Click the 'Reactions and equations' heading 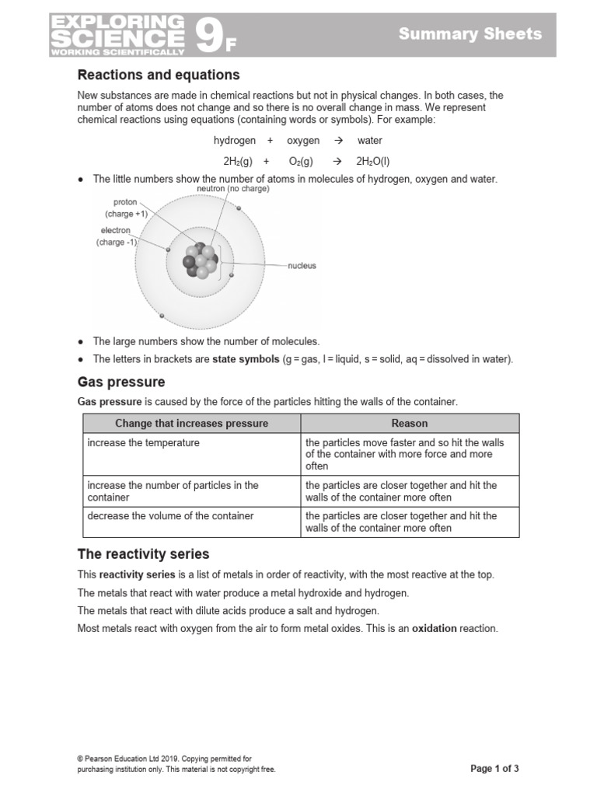(x=159, y=75)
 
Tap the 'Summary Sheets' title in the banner (x=470, y=33)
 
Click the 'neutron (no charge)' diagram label (x=233, y=189)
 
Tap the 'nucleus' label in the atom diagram (x=302, y=266)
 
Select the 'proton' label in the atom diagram (x=125, y=202)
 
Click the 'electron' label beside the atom (x=116, y=231)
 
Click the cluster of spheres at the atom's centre (x=201, y=262)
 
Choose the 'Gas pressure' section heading (x=121, y=382)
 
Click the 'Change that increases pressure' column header (x=191, y=424)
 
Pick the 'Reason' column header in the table (x=410, y=424)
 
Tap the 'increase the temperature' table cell (x=144, y=443)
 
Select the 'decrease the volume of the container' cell (x=171, y=516)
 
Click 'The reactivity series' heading (x=143, y=554)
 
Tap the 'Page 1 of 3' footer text (x=494, y=769)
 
